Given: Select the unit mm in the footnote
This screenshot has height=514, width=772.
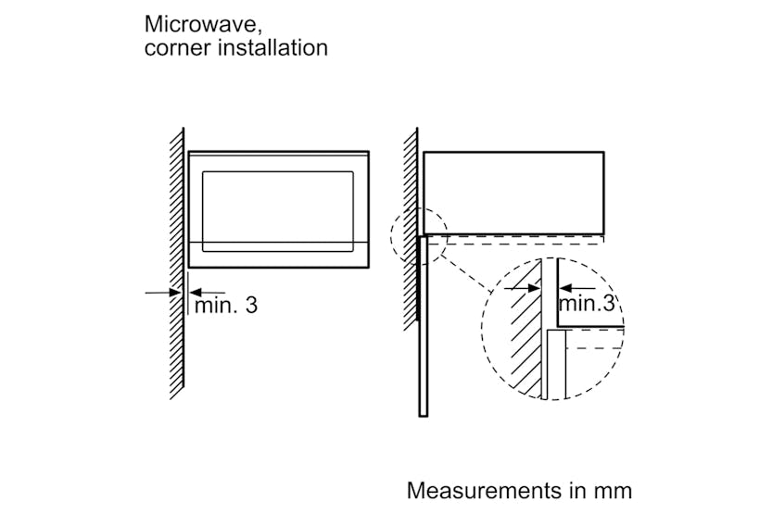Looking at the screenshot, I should point(613,489).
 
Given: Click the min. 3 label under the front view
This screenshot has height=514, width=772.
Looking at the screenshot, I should point(226,305).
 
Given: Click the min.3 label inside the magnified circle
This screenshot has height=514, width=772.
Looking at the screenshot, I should point(587,303).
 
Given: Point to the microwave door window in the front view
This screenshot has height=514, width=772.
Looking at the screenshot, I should point(278,210).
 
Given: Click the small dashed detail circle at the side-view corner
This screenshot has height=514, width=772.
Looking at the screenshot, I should point(419,236).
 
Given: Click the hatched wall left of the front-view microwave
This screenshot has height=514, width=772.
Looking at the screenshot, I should point(176,259).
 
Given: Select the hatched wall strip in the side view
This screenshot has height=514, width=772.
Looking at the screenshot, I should point(411,232).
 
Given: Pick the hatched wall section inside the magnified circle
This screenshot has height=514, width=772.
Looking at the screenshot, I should point(524,333).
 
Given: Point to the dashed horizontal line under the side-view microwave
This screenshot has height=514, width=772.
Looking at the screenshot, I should point(519,244).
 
